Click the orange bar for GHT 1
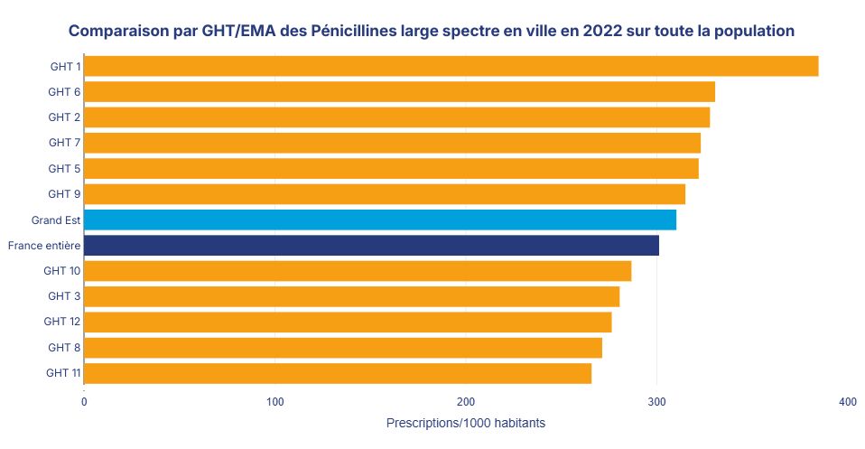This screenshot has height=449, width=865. pos(451,66)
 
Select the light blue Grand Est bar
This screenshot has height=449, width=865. pos(380,220)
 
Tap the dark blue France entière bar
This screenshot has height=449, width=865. pos(371,245)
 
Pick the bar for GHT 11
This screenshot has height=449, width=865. pos(338,373)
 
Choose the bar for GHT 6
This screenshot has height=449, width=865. pos(399,92)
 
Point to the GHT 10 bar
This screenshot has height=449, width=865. pos(358,271)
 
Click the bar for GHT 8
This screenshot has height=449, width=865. pos(343,348)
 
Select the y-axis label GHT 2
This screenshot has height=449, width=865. pos(64,117)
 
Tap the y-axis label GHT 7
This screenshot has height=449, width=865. pos(64,143)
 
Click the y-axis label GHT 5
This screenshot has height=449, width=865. pos(64,169)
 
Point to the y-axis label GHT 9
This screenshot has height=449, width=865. pos(64,194)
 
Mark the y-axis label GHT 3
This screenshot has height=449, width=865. pos(64,296)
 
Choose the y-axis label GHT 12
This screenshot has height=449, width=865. pos(62,322)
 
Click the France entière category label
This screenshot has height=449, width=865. pos(44,246)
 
